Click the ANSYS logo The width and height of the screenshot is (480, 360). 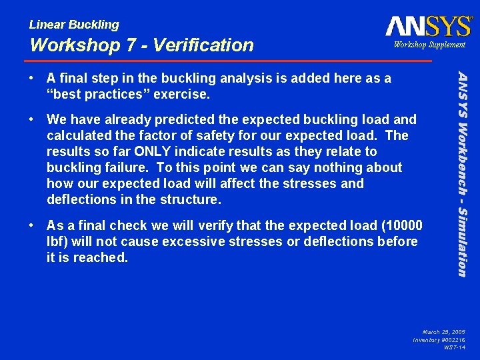[x=428, y=27]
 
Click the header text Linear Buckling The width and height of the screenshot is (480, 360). [x=74, y=25]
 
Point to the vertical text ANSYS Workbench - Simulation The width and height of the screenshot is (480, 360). [x=461, y=170]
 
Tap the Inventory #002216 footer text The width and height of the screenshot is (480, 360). [x=439, y=339]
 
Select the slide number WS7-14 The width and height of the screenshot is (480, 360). [x=454, y=347]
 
